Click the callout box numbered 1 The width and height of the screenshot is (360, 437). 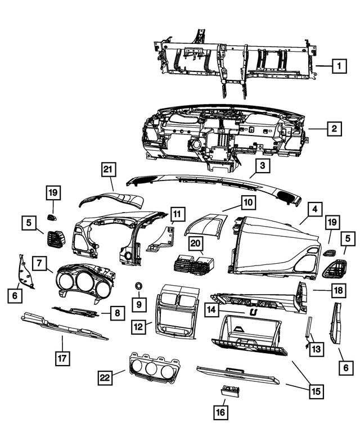pos(339,66)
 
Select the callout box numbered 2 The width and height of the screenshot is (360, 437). pos(334,128)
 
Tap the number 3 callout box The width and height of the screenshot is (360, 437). pos(263,165)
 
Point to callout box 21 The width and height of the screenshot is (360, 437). pos(108,169)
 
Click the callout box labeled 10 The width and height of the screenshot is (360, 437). pos(248,202)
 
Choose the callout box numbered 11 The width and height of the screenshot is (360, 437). pos(177,214)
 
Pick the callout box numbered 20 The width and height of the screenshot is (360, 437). pos(196,244)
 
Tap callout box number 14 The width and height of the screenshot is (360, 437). pos(211,309)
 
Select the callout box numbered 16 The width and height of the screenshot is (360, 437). pos(220,412)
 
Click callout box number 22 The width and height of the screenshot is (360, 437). pos(105,377)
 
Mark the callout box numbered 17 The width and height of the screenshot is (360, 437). pos(62,358)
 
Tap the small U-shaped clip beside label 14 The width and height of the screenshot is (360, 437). pos(253,313)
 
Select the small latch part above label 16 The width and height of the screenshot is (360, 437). pos(230,390)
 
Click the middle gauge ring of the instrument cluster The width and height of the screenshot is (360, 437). pos(85,281)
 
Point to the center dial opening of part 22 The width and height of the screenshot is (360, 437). pos(151,369)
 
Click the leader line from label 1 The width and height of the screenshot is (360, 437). pos(324,66)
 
